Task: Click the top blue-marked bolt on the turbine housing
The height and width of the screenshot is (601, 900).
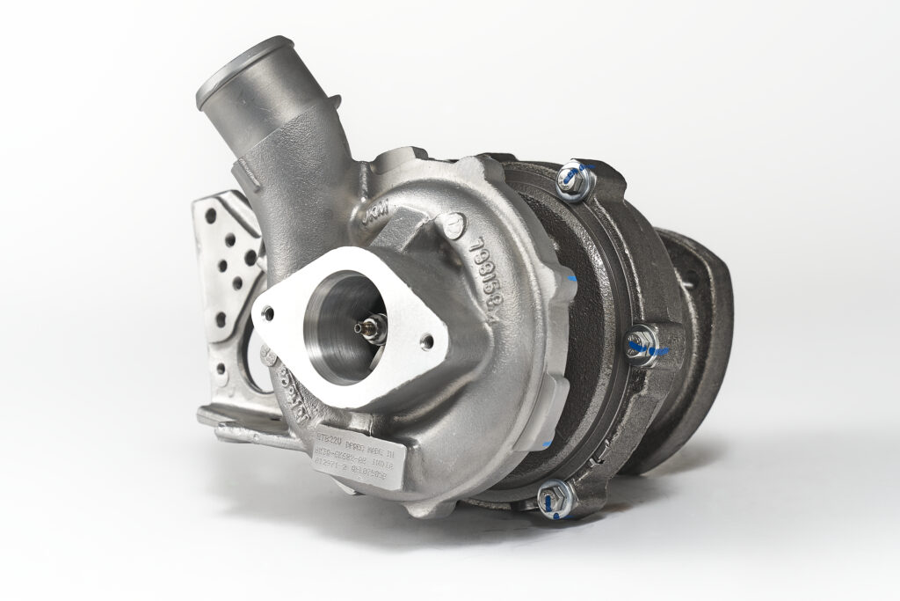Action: pyautogui.click(x=577, y=180)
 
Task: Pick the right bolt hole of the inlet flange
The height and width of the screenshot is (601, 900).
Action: pyautogui.click(x=428, y=341)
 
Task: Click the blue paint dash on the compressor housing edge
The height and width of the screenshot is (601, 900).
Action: pyautogui.click(x=572, y=278)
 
